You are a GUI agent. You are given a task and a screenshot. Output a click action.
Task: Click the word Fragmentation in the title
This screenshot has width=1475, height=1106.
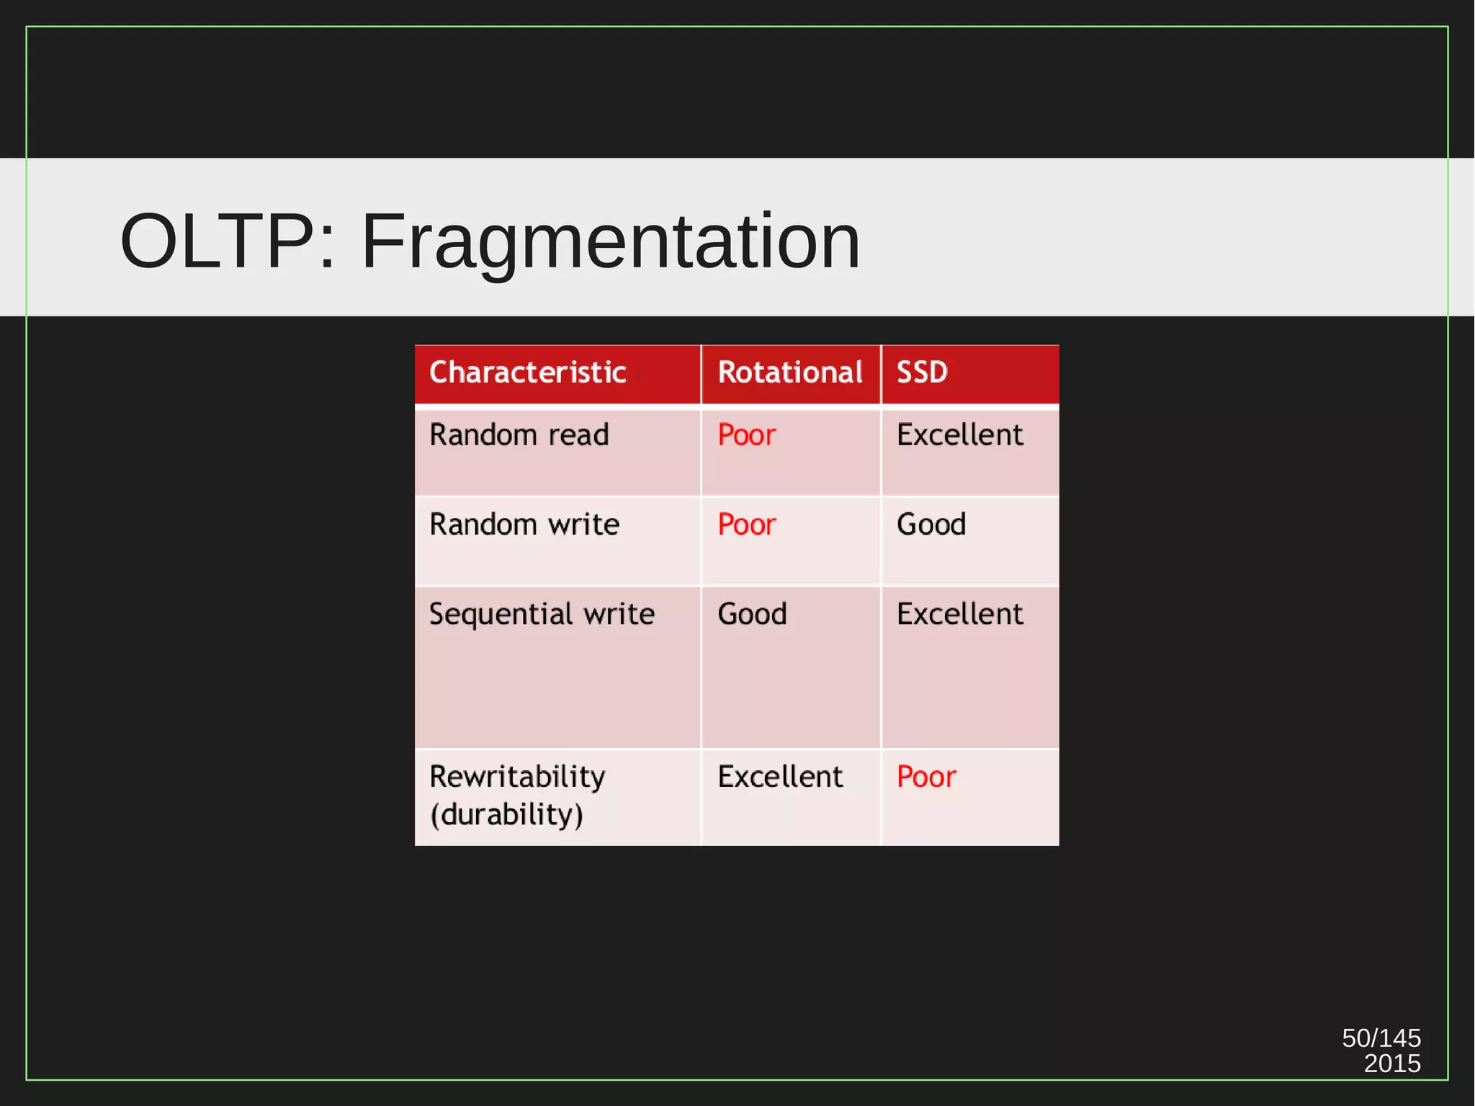coord(611,242)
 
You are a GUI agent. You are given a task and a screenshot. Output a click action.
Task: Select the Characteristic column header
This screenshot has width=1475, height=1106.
coord(527,373)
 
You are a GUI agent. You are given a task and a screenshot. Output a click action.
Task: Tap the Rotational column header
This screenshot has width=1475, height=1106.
coord(789,373)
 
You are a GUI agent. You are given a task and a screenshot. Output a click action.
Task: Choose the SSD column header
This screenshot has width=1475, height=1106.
coord(921,373)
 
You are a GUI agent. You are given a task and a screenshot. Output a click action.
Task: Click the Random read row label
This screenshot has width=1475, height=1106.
coord(519,435)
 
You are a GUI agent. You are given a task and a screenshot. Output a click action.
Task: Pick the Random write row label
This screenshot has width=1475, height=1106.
coord(524,525)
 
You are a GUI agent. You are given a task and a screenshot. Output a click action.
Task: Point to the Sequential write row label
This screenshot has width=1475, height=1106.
coord(542,614)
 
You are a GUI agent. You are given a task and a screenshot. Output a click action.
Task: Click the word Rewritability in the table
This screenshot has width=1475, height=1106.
coord(516,777)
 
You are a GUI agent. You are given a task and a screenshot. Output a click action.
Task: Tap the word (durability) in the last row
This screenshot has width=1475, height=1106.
coord(506,815)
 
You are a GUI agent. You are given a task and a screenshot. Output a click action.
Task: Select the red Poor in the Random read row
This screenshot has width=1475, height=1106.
coord(746,435)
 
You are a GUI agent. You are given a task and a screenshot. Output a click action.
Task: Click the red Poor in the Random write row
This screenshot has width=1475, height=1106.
coord(746,525)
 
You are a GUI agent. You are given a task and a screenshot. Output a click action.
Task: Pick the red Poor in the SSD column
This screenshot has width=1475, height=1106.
coord(925,777)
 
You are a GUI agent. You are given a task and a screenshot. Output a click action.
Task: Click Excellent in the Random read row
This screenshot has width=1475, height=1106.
coord(959,435)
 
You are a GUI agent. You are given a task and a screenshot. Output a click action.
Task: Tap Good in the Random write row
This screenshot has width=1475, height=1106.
coord(931,525)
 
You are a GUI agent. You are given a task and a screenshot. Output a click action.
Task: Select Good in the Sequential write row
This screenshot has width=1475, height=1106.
coord(751,614)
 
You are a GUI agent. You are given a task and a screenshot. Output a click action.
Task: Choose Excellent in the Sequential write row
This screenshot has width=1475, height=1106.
coord(959,614)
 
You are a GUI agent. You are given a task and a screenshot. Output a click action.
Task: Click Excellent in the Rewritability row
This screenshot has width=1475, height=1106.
coord(779,777)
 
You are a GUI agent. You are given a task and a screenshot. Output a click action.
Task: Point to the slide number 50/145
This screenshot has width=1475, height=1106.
coord(1381,1038)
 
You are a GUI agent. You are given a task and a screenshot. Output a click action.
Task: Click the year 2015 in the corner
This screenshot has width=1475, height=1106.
coord(1391,1063)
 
